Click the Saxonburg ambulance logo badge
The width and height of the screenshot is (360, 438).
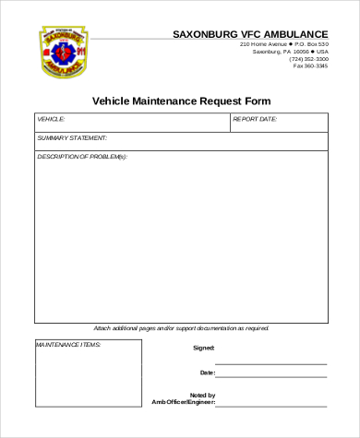pos(62,52)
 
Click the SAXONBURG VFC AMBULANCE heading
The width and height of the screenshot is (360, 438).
pos(250,34)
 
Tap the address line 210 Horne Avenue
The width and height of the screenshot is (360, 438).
pos(262,44)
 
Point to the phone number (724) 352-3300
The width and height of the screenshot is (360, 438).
pos(310,59)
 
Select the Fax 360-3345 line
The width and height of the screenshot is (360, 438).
pos(310,66)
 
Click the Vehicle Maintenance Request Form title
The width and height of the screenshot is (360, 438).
pos(182,100)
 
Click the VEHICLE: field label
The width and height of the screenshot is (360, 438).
pos(51,120)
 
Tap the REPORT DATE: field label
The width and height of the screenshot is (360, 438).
pos(255,120)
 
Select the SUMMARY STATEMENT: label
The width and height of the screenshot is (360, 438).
pos(73,138)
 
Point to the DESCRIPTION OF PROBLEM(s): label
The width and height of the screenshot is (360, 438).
pos(82,157)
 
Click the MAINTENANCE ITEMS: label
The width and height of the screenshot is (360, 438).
pos(68,345)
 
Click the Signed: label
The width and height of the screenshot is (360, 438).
pos(203,348)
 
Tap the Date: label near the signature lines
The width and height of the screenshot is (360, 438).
pos(207,373)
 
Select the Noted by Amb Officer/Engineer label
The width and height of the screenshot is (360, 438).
pos(184,399)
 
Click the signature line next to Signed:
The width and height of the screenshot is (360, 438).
pos(270,351)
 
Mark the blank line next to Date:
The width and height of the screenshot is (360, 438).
pos(270,376)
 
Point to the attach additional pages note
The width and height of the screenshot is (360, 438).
pos(181,328)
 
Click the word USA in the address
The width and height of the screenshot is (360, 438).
pos(321,52)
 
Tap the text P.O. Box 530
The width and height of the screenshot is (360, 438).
pos(312,44)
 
